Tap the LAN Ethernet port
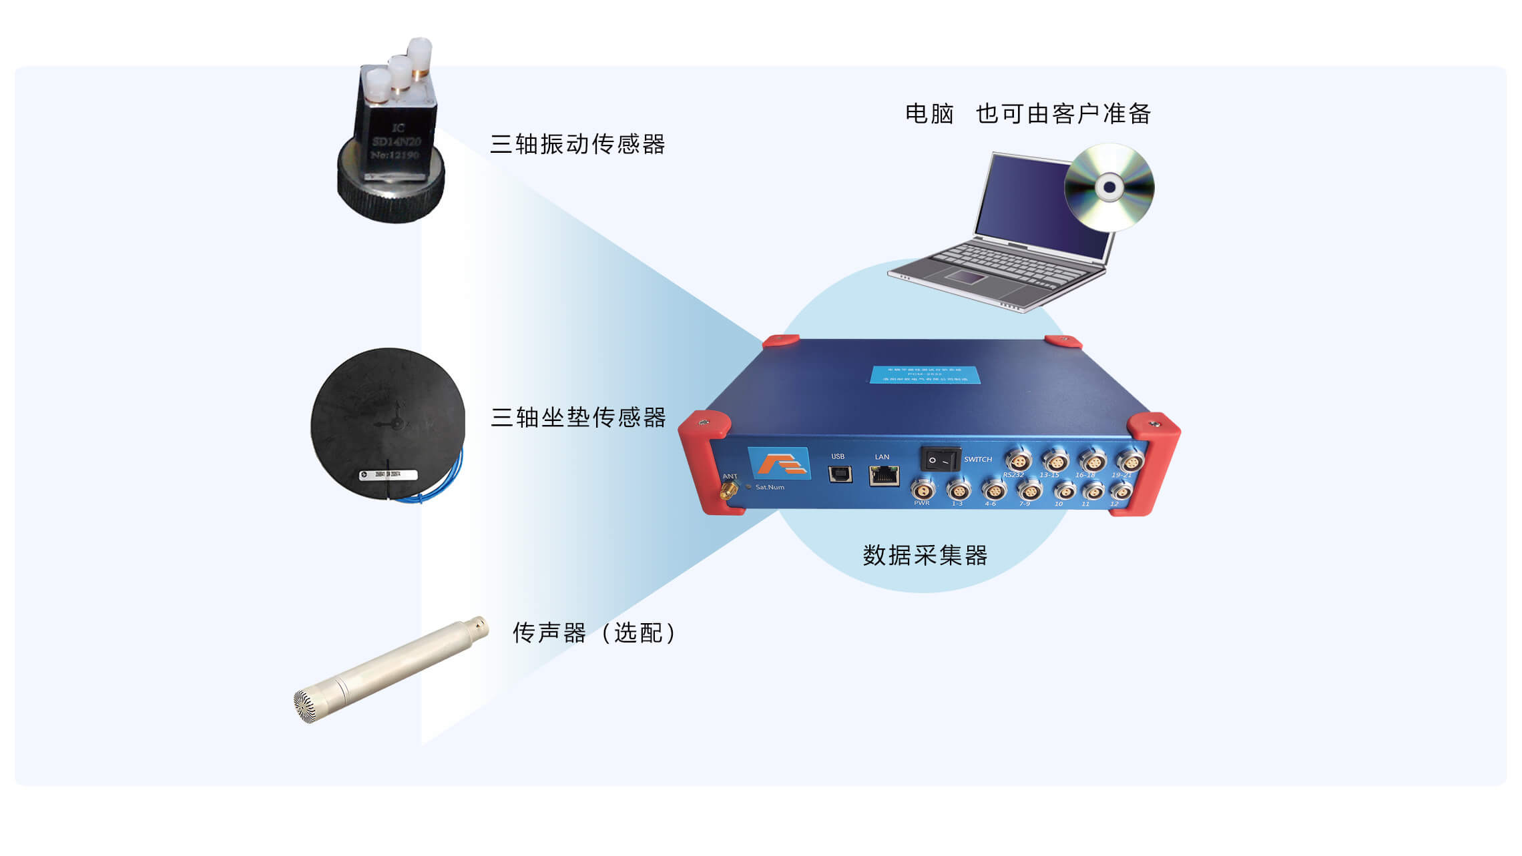coord(884,475)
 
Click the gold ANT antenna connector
coord(726,492)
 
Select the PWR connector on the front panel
coord(923,488)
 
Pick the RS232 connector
coord(1018,460)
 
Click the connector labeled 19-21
coord(1129,460)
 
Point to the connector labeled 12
coord(1120,492)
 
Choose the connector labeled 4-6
coord(993,490)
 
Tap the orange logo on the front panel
coord(779,463)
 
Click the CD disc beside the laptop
coord(1109,187)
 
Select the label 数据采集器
coord(925,555)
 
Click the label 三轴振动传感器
coord(577,144)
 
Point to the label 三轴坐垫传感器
coord(578,418)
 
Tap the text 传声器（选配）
coord(594,632)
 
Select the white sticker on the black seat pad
coord(388,474)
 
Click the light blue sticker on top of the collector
coord(925,374)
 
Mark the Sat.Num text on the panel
coord(770,487)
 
